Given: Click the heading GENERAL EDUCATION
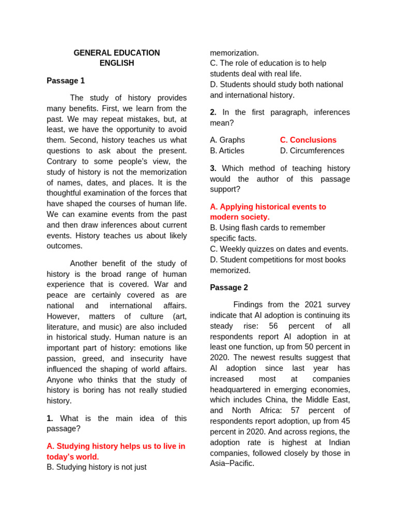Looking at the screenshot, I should pyautogui.click(x=116, y=53).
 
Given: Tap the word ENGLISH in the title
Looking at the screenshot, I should pyautogui.click(x=116, y=63).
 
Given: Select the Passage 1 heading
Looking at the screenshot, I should pyautogui.click(x=66, y=81).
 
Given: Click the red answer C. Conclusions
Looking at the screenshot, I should pyautogui.click(x=308, y=140).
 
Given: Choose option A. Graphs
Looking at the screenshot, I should pyautogui.click(x=227, y=140).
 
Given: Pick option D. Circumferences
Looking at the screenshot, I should pyautogui.click(x=312, y=151).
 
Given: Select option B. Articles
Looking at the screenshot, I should pyautogui.click(x=227, y=151).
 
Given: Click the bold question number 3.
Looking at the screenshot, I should pyautogui.click(x=213, y=168).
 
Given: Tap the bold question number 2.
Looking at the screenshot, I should pyautogui.click(x=213, y=112).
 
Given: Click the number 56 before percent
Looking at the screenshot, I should pyautogui.click(x=273, y=326).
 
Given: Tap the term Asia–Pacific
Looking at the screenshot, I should pyautogui.click(x=232, y=463).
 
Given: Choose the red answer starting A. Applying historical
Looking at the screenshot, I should pyautogui.click(x=268, y=207).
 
